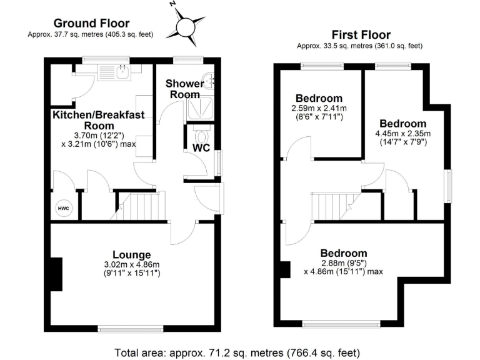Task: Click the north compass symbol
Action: pos(186,26)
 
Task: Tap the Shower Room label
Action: pos(184,89)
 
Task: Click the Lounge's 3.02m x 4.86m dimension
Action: pos(132,269)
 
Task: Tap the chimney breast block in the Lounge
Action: pos(57,274)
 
